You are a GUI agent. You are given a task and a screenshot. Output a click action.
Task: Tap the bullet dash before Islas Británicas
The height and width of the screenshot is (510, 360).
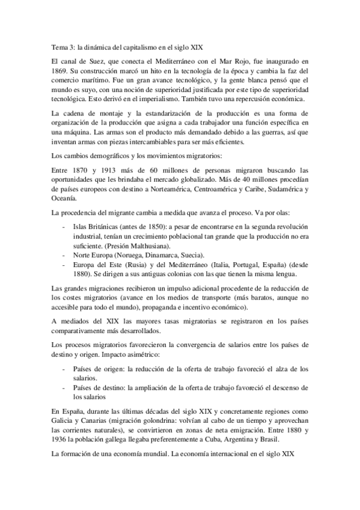pyautogui.click(x=64, y=226)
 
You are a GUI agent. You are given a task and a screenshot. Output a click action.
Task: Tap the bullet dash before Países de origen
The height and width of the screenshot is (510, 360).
pyautogui.click(x=64, y=368)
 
